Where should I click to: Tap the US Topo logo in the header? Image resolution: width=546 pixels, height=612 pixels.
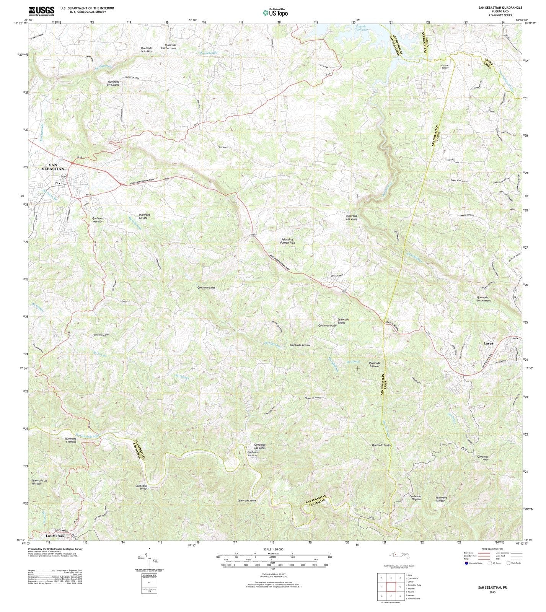pos(275,12)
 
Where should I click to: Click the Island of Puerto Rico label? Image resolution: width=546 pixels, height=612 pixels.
pos(293,241)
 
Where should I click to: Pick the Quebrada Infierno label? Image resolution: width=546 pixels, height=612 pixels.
pos(374,365)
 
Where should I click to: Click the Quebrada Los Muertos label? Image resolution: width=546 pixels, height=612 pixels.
pos(484,299)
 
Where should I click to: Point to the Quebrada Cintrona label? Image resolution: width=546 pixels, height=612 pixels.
pos(70,440)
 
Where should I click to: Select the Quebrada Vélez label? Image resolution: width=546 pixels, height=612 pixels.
pos(246,500)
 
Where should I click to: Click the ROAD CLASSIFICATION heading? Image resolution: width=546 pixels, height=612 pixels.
pos(492,549)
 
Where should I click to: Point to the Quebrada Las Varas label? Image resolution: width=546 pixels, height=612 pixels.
pos(354,218)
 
